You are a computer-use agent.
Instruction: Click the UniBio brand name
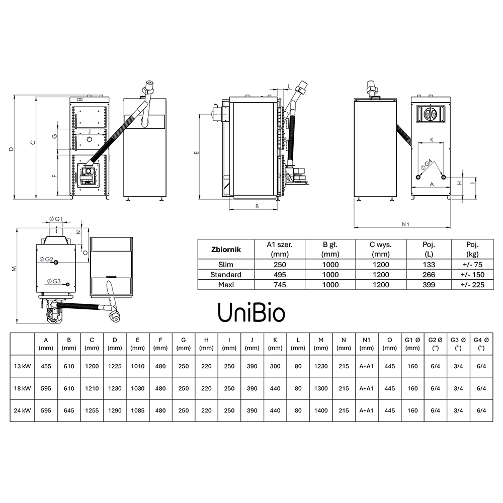(251, 312)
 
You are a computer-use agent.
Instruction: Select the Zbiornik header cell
(226, 249)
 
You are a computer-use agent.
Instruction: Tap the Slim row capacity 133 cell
(429, 265)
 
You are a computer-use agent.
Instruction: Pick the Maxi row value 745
(280, 285)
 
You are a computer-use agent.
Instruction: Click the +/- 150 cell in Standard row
(472, 275)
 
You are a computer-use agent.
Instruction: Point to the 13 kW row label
(22, 366)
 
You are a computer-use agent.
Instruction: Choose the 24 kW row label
(22, 410)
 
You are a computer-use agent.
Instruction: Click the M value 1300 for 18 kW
(321, 388)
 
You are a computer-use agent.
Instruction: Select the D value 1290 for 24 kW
(115, 410)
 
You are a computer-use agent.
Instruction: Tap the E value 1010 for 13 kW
(138, 366)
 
